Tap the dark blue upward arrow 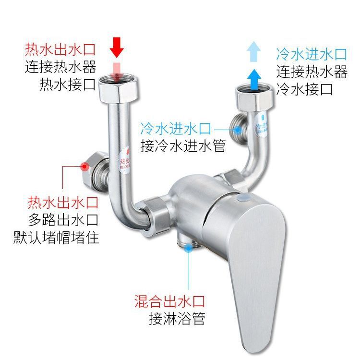tap(255, 75)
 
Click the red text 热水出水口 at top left tap(60, 49)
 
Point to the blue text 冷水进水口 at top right tap(311, 53)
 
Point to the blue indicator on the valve tap(243, 198)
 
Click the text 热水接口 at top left tap(67, 85)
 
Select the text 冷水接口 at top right tap(305, 89)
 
